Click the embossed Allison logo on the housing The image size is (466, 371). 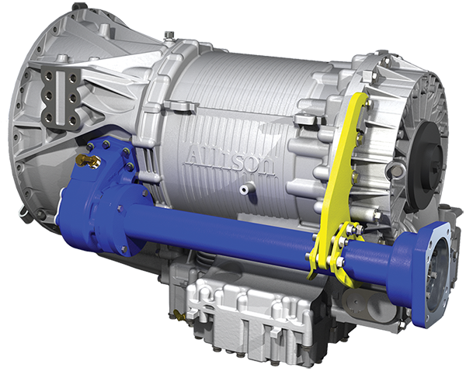[x=231, y=161]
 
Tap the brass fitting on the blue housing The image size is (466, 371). [x=89, y=160]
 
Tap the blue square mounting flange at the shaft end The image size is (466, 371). [x=433, y=274]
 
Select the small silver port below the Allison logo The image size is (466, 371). [x=245, y=189]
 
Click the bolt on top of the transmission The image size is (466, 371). [x=169, y=35]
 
